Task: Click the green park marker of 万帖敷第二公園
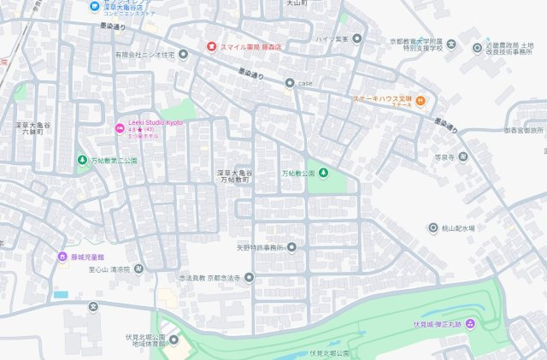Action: coord(82,159)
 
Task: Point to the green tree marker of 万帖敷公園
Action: coord(325,174)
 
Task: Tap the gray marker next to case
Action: coord(290,83)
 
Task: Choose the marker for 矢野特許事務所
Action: coord(291,248)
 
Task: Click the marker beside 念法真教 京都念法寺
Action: coord(249,277)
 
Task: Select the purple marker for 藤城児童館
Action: coord(62,256)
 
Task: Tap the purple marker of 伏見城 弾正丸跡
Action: coord(469,323)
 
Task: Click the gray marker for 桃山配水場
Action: coord(433,227)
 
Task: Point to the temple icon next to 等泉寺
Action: coord(462,156)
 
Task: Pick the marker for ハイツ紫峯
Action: coord(357,38)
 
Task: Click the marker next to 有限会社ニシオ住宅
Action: coord(181,54)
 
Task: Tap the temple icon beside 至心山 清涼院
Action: coord(139,269)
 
